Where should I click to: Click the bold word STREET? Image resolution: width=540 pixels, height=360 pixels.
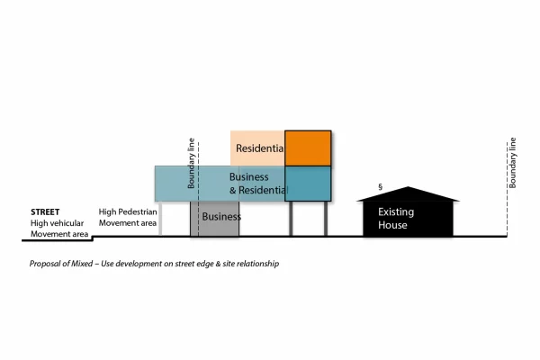coord(45,211)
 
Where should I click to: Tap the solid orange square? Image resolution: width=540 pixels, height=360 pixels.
coord(308,148)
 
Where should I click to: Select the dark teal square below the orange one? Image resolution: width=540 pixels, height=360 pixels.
coord(308,184)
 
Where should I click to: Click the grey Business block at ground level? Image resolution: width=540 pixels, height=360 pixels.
coord(214,219)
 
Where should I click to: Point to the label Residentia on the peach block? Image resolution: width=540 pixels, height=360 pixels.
coord(260,148)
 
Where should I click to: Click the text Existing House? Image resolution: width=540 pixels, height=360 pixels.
coord(396,219)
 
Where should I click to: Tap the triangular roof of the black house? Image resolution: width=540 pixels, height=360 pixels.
coord(408,194)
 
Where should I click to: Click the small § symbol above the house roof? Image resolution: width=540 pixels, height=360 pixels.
coord(380,186)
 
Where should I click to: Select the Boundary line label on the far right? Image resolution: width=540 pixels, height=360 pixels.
coord(513,163)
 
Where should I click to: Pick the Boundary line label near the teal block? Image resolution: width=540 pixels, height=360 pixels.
coord(191,163)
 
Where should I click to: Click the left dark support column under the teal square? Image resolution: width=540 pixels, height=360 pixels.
coord(291,219)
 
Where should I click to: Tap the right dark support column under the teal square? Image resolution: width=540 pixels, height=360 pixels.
coord(326,219)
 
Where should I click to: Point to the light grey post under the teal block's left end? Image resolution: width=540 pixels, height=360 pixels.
coord(160,219)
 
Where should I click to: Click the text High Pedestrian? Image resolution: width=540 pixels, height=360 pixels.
coord(128,211)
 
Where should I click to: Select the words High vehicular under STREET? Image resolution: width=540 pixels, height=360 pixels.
coord(58,223)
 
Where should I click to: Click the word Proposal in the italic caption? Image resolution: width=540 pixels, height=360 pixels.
coord(42,264)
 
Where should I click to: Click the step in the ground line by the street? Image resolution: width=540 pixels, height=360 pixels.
coord(93,238)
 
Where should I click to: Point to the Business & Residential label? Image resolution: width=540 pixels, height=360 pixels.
coord(258,184)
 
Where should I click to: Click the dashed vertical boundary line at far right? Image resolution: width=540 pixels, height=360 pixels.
coord(507,189)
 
